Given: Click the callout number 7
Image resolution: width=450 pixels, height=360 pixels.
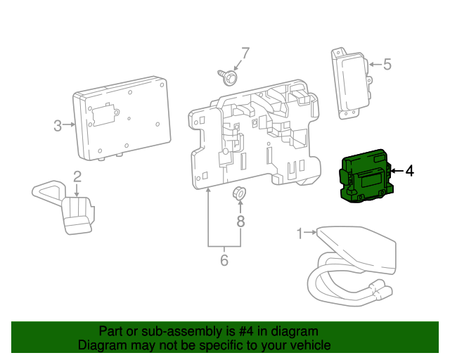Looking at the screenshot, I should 245,53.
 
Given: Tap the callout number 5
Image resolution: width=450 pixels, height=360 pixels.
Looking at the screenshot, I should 387,65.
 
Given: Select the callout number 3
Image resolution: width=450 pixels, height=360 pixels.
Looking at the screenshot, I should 58,126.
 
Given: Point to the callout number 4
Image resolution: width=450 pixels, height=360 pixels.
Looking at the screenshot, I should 409,171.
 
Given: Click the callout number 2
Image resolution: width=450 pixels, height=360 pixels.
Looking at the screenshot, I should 77,176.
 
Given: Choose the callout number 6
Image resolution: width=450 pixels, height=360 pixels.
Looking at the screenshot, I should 224,260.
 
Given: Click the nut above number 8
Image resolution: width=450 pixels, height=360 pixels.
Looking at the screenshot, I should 240,192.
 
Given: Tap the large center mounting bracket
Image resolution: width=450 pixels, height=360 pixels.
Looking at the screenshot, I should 253,137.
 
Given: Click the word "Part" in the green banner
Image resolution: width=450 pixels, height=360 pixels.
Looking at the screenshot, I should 112,331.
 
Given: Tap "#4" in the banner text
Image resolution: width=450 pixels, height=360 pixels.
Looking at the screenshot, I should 247,331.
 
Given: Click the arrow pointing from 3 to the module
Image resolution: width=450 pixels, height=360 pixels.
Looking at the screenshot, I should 69,126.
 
